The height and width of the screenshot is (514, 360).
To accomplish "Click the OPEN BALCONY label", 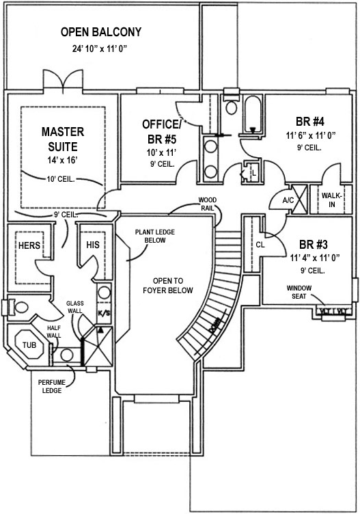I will point(101,31).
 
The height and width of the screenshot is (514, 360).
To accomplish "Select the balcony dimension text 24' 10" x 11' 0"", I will point(100,49).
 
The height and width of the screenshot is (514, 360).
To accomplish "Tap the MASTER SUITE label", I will point(62,139).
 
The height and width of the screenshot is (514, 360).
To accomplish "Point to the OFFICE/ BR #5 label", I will point(162,131).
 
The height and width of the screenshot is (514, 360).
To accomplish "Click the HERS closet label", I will point(29,245).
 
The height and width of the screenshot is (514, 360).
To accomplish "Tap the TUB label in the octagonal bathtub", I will point(29,346).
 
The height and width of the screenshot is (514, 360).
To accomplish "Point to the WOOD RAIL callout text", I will point(208,204).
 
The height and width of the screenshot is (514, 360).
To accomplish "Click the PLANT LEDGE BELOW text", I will point(154,236).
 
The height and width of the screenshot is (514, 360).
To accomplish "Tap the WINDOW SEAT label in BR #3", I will point(299,293).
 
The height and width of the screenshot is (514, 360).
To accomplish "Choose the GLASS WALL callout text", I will point(74,306).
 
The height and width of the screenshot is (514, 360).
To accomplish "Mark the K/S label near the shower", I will point(104,313).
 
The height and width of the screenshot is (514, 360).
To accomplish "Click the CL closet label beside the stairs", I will point(260,244).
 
